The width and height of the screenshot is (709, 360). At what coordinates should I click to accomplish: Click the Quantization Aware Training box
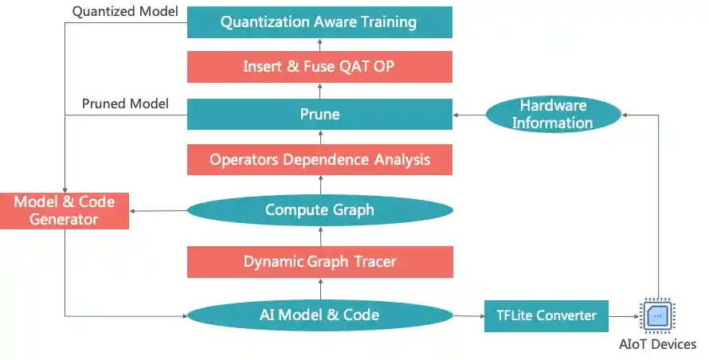pyautogui.click(x=319, y=22)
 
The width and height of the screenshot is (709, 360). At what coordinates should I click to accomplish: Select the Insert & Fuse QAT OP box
pyautogui.click(x=319, y=67)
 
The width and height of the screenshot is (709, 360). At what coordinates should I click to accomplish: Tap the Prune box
pyautogui.click(x=319, y=114)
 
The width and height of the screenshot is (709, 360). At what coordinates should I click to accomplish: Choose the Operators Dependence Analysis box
pyautogui.click(x=319, y=159)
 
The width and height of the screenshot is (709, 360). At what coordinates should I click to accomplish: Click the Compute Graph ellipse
pyautogui.click(x=319, y=210)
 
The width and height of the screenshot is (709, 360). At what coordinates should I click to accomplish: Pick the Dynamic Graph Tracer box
pyautogui.click(x=319, y=261)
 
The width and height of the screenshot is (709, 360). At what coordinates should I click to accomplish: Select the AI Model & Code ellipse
pyautogui.click(x=319, y=315)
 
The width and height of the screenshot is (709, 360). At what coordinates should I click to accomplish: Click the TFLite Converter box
pyautogui.click(x=546, y=315)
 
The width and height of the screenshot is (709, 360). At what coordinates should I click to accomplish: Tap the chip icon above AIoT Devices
pyautogui.click(x=658, y=315)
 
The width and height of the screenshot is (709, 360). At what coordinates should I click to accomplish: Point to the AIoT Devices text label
pyautogui.click(x=658, y=345)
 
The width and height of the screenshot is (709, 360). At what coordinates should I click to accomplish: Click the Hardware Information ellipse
pyautogui.click(x=552, y=114)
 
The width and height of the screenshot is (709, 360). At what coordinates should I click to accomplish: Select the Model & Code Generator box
pyautogui.click(x=64, y=210)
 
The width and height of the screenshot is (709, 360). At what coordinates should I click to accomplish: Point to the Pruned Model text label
pyautogui.click(x=126, y=104)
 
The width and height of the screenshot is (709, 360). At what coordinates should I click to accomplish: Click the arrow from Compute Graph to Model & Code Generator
pyautogui.click(x=158, y=211)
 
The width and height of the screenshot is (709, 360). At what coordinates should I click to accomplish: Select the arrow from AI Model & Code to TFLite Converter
pyautogui.click(x=468, y=316)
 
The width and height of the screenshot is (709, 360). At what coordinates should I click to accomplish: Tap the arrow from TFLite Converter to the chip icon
pyautogui.click(x=624, y=316)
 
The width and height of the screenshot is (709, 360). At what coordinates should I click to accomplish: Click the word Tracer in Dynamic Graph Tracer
pyautogui.click(x=370, y=261)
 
